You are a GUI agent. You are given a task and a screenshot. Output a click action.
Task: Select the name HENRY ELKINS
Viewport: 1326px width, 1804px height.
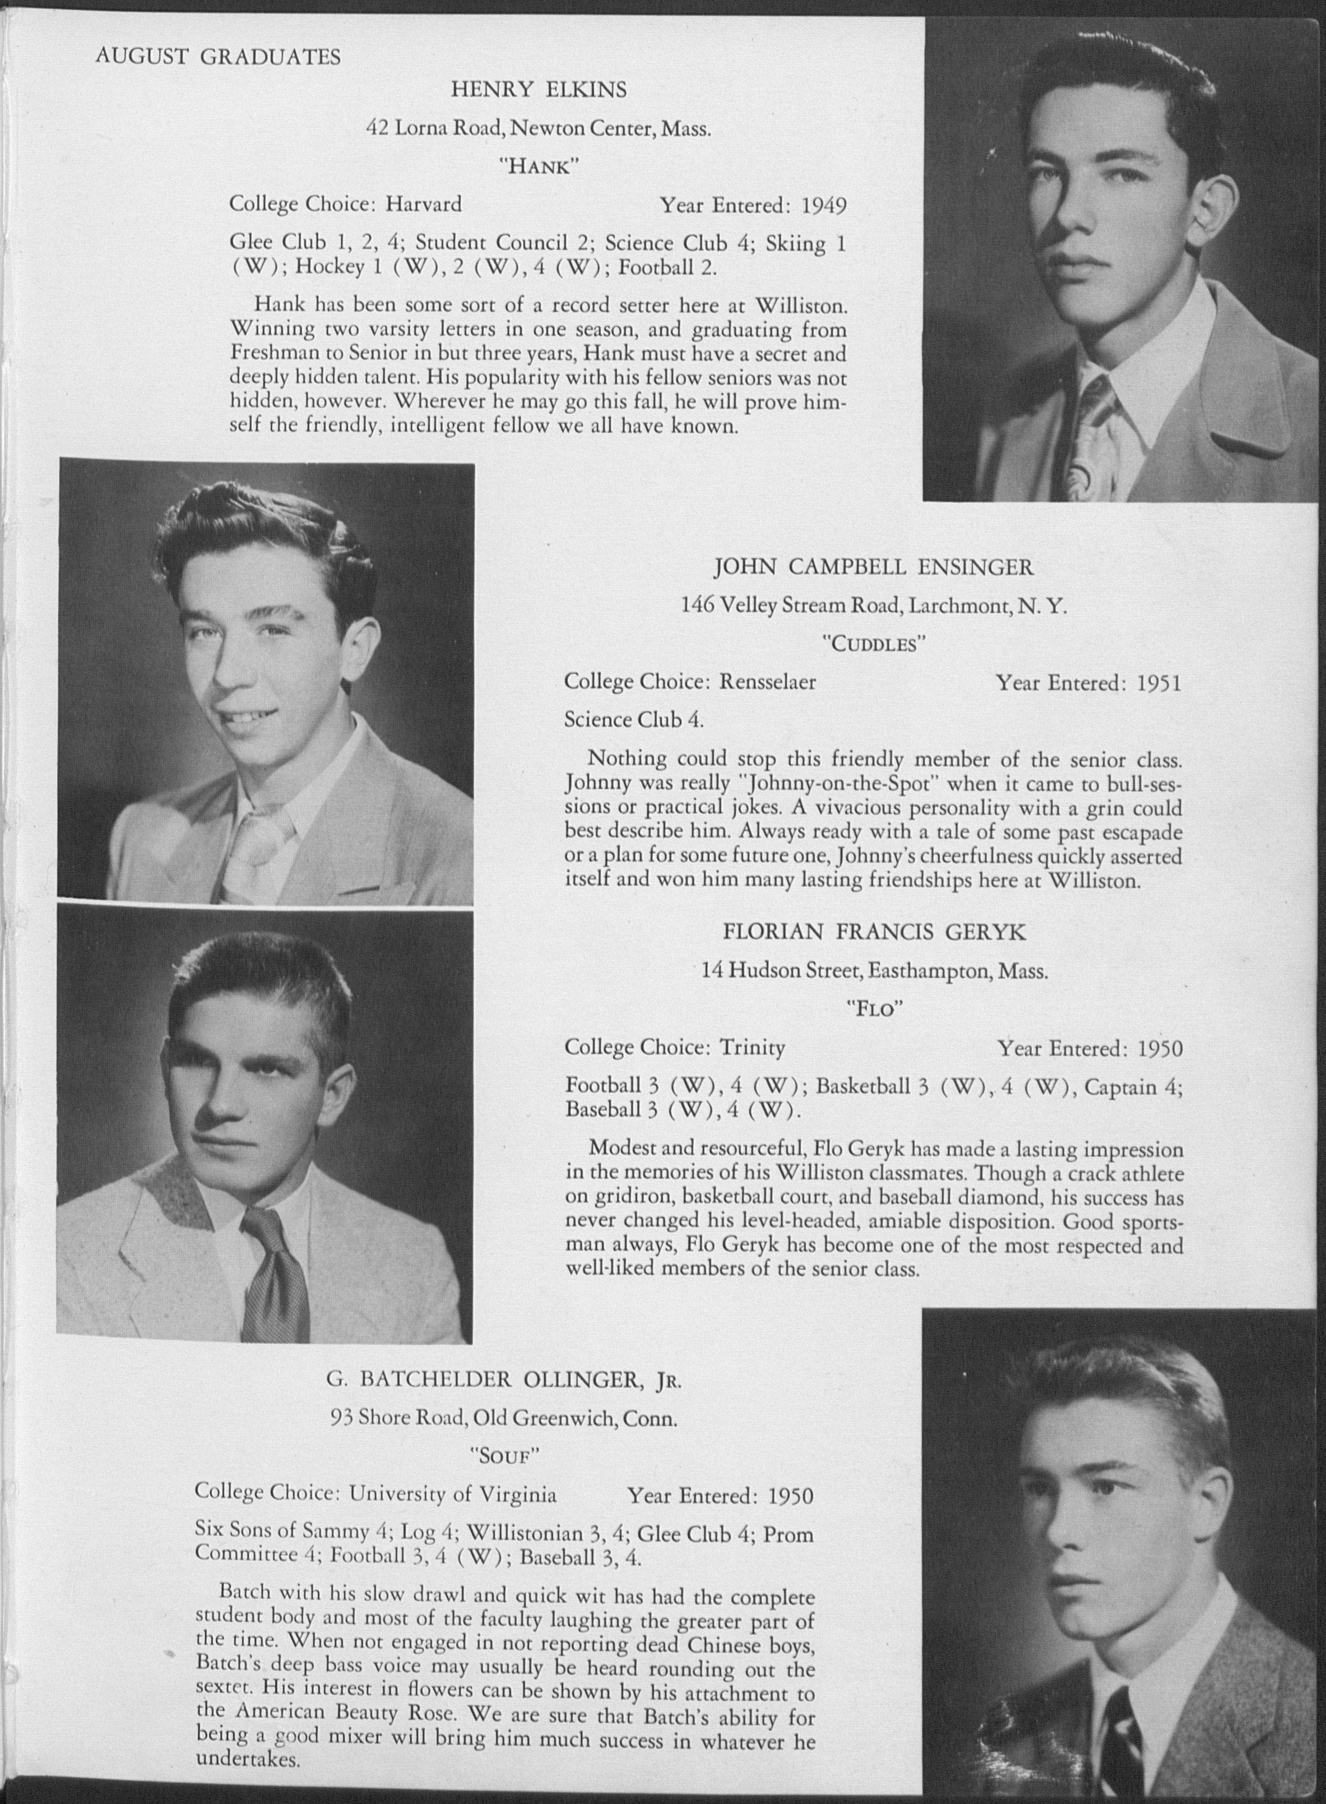538,90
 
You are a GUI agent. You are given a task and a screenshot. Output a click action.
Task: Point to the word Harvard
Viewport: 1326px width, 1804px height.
424,205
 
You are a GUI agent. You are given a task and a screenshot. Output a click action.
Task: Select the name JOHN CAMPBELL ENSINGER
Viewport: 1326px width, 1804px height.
873,568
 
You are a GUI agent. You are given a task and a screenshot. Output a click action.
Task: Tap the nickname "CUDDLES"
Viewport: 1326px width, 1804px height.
873,645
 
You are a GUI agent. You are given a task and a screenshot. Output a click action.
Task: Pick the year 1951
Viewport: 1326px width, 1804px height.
1158,684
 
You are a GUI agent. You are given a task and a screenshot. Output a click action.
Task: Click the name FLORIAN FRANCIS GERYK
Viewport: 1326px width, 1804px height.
874,932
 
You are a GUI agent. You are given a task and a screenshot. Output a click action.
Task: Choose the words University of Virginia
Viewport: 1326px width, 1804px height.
453,1494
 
